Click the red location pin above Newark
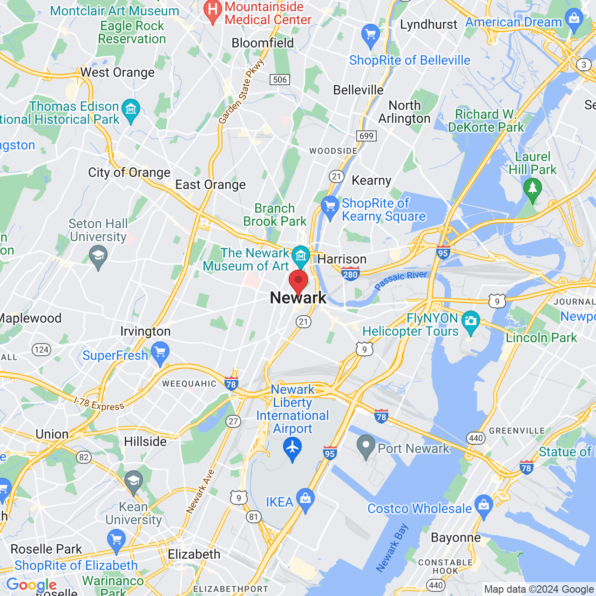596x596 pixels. (x=298, y=281)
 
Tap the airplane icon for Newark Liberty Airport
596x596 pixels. (x=292, y=448)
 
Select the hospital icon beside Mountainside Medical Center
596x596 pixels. (x=213, y=10)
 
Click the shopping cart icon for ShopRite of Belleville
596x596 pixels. (x=371, y=34)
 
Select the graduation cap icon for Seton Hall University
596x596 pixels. (x=98, y=256)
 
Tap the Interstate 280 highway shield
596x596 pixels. (x=350, y=274)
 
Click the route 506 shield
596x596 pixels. (x=280, y=80)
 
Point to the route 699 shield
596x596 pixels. (x=366, y=135)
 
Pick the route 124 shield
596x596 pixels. (x=41, y=350)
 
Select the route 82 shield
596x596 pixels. (x=84, y=457)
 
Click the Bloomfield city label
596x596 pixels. (x=263, y=43)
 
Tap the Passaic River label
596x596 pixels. (x=401, y=280)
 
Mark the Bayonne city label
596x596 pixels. (x=456, y=538)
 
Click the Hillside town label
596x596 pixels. (x=145, y=441)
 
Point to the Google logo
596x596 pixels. (x=32, y=585)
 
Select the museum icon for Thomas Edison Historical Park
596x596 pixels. (x=131, y=110)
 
